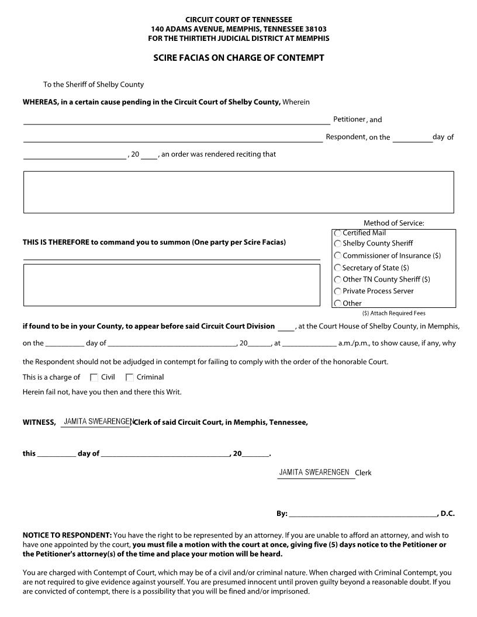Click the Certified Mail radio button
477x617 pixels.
[x=338, y=233]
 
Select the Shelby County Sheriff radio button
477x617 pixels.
[x=338, y=244]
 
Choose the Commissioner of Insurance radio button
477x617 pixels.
[x=338, y=256]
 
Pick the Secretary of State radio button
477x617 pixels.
[x=338, y=268]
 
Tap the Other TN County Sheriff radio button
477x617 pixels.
[x=338, y=279]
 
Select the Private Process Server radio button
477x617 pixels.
[x=338, y=291]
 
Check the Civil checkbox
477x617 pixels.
[x=94, y=377]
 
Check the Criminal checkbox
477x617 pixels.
[x=130, y=377]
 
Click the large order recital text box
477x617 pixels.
[x=238, y=192]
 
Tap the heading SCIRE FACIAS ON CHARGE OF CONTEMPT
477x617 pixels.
[x=238, y=58]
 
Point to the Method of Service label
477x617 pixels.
[x=393, y=223]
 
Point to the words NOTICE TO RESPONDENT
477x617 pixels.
[x=67, y=535]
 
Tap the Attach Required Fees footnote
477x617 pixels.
[x=393, y=313]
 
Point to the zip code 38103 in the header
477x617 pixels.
[x=315, y=29]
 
